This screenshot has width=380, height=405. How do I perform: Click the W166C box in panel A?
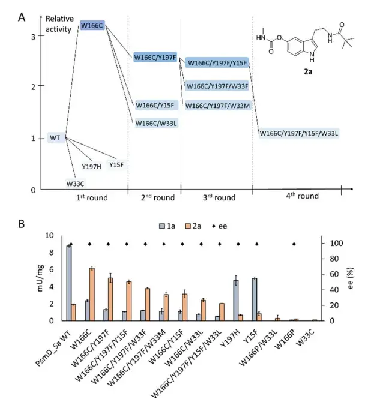pos(92,26)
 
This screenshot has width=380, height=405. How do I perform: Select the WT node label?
pos(55,138)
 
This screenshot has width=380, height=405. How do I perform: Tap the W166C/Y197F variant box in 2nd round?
pos(155,58)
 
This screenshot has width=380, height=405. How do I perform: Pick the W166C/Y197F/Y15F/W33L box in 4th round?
pos(299,133)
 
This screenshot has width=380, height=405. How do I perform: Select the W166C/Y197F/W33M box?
pos(217,106)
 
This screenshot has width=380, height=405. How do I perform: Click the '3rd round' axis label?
pos(216,197)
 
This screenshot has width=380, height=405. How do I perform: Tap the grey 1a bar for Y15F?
pos(254,299)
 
